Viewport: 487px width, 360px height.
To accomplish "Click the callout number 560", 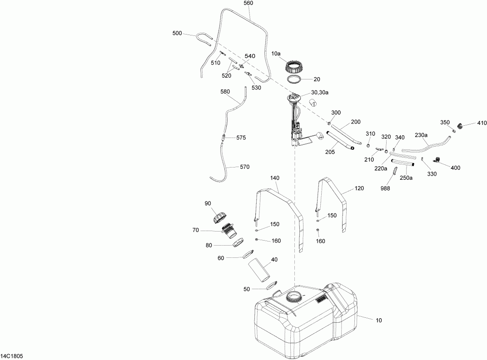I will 248,3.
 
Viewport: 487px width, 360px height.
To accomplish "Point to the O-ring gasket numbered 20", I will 295,80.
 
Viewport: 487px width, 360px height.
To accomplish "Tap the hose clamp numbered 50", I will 272,286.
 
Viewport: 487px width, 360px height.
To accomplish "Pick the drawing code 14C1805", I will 12,356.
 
